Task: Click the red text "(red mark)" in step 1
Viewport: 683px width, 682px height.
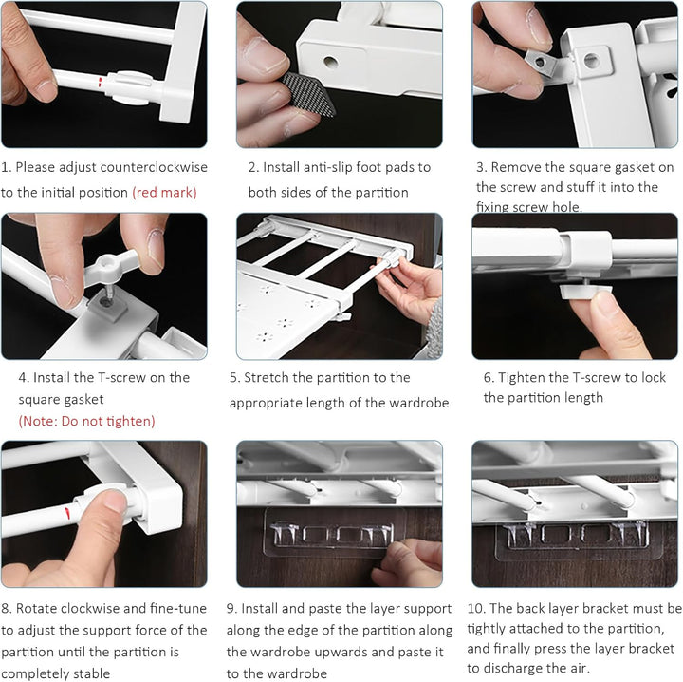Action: (165, 192)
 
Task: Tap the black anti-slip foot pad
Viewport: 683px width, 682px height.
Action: (307, 94)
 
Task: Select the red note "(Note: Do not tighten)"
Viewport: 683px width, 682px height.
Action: (86, 421)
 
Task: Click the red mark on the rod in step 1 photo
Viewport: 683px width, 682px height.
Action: (101, 82)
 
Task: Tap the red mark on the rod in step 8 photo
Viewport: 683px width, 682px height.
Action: (67, 513)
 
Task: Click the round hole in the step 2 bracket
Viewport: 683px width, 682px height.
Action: (331, 63)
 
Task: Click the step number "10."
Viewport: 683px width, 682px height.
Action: (476, 608)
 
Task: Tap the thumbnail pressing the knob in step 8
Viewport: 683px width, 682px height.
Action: (115, 502)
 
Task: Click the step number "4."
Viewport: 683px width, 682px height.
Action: (24, 378)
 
